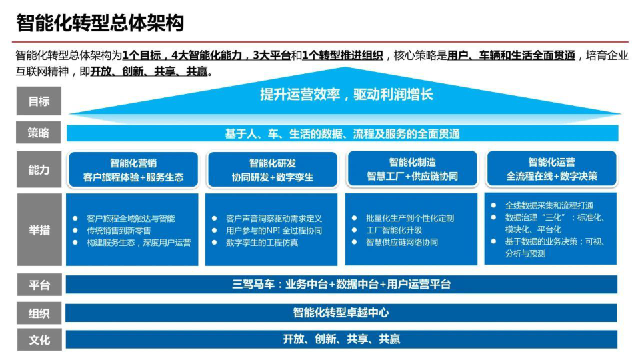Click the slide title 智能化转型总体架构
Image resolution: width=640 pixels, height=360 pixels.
(100, 23)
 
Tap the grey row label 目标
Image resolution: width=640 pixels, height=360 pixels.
(39, 101)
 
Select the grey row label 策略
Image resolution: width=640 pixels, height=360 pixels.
(39, 132)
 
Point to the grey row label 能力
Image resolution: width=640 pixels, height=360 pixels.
(39, 169)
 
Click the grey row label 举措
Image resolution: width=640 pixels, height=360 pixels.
(39, 229)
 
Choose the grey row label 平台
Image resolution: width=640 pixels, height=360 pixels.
(39, 285)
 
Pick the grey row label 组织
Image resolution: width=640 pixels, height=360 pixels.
(39, 313)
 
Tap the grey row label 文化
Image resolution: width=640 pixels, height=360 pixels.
(39, 339)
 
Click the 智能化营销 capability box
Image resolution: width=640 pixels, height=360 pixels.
(133, 170)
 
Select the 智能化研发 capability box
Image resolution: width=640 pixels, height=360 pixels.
(273, 170)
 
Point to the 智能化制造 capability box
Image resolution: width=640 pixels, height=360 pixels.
(412, 169)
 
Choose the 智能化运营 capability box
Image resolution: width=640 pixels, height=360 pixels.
(551, 169)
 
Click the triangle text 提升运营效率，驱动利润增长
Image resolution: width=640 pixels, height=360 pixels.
(347, 95)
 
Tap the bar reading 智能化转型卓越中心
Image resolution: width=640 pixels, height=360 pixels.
(341, 313)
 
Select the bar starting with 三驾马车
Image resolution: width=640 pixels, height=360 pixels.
(341, 285)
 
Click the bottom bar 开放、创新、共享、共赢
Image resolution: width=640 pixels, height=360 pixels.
(341, 339)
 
